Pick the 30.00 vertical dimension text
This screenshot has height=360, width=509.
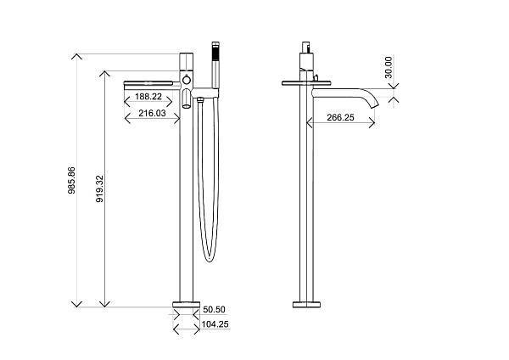click(389, 69)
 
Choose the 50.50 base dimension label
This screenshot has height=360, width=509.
click(216, 310)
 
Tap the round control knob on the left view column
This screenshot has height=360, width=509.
click(187, 82)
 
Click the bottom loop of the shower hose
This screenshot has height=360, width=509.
click(209, 254)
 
